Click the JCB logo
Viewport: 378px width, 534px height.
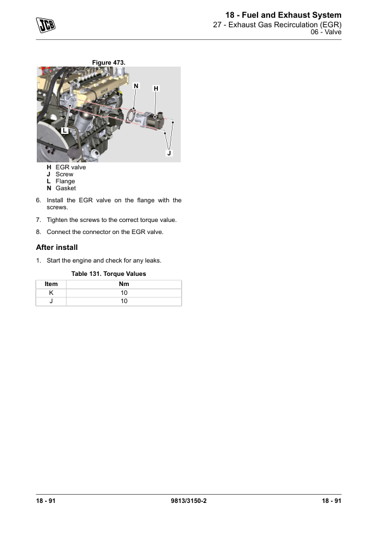tap(46, 25)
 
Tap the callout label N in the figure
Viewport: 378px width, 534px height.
tap(136, 86)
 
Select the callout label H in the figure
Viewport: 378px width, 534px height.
tap(156, 89)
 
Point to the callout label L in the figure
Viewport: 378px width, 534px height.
tap(65, 131)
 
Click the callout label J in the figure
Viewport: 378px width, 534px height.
tap(169, 153)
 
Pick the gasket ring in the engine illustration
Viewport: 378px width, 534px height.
tap(131, 115)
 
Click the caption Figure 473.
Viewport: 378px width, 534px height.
tap(108, 63)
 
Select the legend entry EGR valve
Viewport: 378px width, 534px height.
tap(70, 167)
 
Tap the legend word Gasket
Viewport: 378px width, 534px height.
tap(66, 188)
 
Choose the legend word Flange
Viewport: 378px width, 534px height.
tap(65, 181)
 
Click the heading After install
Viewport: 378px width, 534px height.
tap(57, 247)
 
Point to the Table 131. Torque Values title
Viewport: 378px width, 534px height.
tap(108, 274)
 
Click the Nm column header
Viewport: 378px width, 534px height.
tap(124, 284)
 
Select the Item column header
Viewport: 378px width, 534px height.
tap(51, 284)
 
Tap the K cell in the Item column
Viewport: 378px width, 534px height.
tap(51, 293)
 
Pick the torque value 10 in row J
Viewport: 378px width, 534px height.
tap(124, 301)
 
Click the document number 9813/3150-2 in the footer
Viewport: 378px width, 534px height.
tap(188, 500)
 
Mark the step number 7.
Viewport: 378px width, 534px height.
tap(38, 220)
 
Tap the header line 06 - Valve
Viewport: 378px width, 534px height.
tap(326, 32)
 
